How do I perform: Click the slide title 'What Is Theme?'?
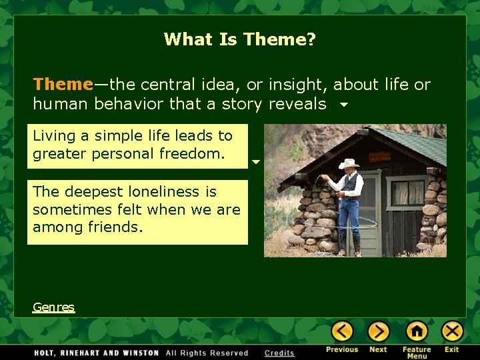pyautogui.click(x=240, y=39)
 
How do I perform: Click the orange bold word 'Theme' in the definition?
pyautogui.click(x=63, y=85)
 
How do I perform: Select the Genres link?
pyautogui.click(x=53, y=307)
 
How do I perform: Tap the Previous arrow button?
pyautogui.click(x=343, y=331)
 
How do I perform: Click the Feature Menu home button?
pyautogui.click(x=417, y=331)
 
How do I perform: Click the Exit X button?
pyautogui.click(x=452, y=331)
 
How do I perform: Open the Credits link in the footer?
pyautogui.click(x=279, y=353)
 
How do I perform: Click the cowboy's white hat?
pyautogui.click(x=348, y=163)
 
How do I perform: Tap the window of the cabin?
pyautogui.click(x=408, y=192)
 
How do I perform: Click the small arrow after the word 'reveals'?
pyautogui.click(x=343, y=105)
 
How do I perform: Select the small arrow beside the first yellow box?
pyautogui.click(x=255, y=162)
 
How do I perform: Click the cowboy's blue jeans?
pyautogui.click(x=349, y=220)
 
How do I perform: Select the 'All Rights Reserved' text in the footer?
pyautogui.click(x=207, y=353)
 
